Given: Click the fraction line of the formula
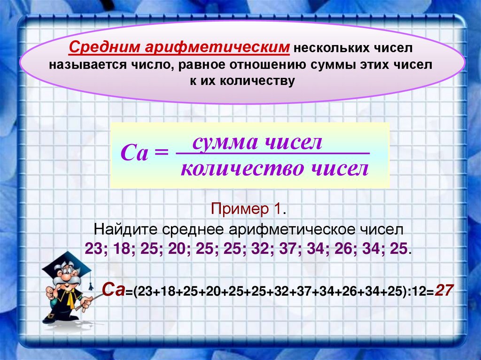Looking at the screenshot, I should [x=272, y=153].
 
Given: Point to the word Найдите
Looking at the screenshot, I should [x=125, y=230].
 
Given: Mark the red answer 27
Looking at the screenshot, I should [x=444, y=290].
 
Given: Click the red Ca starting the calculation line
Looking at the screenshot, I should [x=113, y=290].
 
